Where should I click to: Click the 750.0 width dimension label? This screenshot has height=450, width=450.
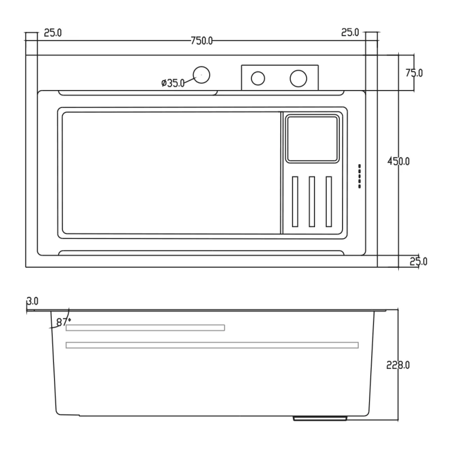pyautogui.click(x=201, y=40)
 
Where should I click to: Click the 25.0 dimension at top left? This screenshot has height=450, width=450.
pyautogui.click(x=53, y=33)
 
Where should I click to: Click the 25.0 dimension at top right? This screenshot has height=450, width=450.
pyautogui.click(x=349, y=33)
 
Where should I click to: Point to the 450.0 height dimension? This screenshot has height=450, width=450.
pyautogui.click(x=398, y=161)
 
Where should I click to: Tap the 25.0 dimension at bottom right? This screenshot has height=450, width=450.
pyautogui.click(x=418, y=261)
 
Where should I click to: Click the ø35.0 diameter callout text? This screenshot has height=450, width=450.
pyautogui.click(x=173, y=83)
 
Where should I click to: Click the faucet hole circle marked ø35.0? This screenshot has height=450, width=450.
pyautogui.click(x=201, y=74)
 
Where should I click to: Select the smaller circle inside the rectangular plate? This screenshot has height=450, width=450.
pyautogui.click(x=258, y=78)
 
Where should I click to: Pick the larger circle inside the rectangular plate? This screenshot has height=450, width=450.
pyautogui.click(x=298, y=78)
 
